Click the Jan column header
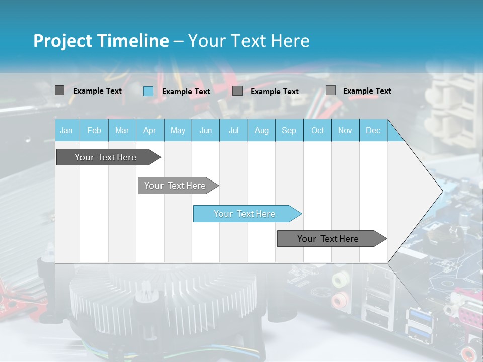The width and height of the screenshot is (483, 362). pyautogui.click(x=66, y=131)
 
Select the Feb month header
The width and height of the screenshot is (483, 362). pyautogui.click(x=94, y=131)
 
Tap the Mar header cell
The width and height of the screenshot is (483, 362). pyautogui.click(x=122, y=131)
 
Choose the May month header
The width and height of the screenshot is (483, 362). pyautogui.click(x=178, y=131)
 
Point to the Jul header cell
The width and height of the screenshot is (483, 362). pyautogui.click(x=233, y=131)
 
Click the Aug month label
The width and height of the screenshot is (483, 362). pyautogui.click(x=262, y=131)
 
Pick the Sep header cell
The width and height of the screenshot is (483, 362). pyautogui.click(x=289, y=131)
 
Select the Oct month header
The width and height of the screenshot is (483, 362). pyautogui.click(x=317, y=131)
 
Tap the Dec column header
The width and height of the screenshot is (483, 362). pyautogui.click(x=373, y=131)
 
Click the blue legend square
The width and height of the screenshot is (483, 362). pyautogui.click(x=148, y=91)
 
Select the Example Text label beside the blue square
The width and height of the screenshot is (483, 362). pyautogui.click(x=186, y=92)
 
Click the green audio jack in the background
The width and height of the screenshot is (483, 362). pyautogui.click(x=340, y=278)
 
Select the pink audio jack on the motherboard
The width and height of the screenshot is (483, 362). pyautogui.click(x=341, y=300)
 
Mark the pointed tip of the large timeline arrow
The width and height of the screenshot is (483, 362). pyautogui.click(x=442, y=191)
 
